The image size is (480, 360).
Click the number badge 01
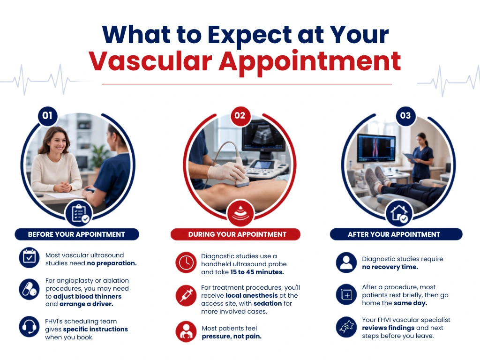[47, 116]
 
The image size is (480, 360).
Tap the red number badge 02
[240, 116]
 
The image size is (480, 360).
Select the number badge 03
[405, 116]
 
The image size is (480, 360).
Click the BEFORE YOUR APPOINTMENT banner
[77, 234]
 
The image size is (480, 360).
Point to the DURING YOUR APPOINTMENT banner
[235, 234]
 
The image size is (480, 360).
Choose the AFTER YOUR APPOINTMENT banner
[396, 234]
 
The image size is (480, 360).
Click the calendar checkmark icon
[29, 257]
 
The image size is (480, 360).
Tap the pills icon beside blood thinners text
[29, 289]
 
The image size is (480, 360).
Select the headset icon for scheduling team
[29, 327]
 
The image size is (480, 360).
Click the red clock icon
[186, 262]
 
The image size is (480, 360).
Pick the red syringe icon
[186, 295]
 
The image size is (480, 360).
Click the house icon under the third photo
[399, 213]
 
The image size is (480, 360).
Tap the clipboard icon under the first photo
[79, 213]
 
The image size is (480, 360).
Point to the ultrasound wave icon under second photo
[240, 213]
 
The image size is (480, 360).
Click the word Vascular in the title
[150, 61]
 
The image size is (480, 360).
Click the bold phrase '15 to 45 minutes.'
[257, 272]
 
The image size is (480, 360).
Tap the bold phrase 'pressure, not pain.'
[232, 336]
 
